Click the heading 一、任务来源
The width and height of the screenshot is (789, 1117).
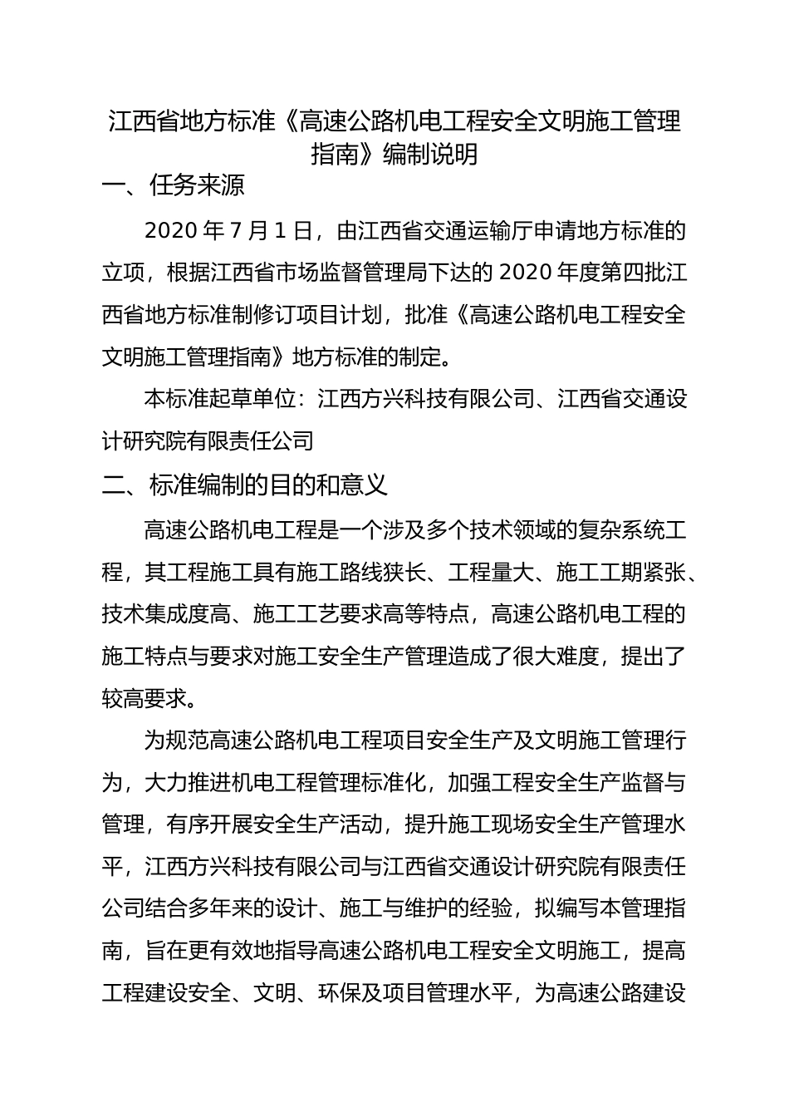tap(173, 185)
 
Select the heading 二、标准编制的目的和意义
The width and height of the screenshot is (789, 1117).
tap(245, 485)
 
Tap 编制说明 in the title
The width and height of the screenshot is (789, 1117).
tap(429, 155)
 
